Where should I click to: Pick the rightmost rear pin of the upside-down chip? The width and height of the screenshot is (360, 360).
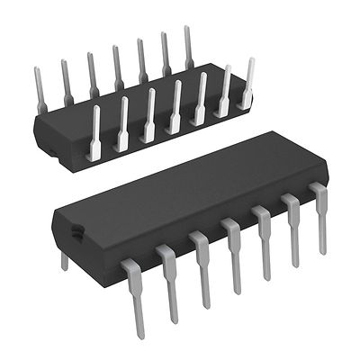(x=188, y=45)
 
